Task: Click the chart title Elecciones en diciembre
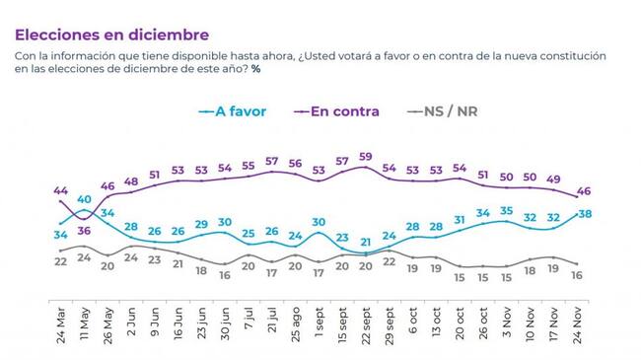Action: pyautogui.click(x=112, y=35)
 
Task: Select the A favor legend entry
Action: pyautogui.click(x=232, y=111)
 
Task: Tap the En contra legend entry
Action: pyautogui.click(x=336, y=111)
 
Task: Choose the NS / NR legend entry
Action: pyautogui.click(x=443, y=111)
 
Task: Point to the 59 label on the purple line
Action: pyautogui.click(x=366, y=157)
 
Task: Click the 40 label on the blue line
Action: pyautogui.click(x=84, y=199)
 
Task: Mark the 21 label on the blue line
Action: pyautogui.click(x=366, y=243)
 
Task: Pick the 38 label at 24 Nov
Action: pyautogui.click(x=585, y=214)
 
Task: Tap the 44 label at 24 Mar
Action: pyautogui.click(x=60, y=190)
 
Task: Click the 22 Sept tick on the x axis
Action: pyautogui.click(x=366, y=325)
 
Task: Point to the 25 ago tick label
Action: pyautogui.click(x=295, y=324)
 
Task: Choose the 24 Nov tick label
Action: pyautogui.click(x=577, y=325)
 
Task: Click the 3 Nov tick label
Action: pyautogui.click(x=507, y=323)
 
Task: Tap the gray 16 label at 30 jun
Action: pyautogui.click(x=225, y=275)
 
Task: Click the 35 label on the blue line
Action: pyautogui.click(x=507, y=211)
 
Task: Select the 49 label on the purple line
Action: pyautogui.click(x=553, y=179)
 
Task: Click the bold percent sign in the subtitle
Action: pyautogui.click(x=256, y=69)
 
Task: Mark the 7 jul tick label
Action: pyautogui.click(x=249, y=319)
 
